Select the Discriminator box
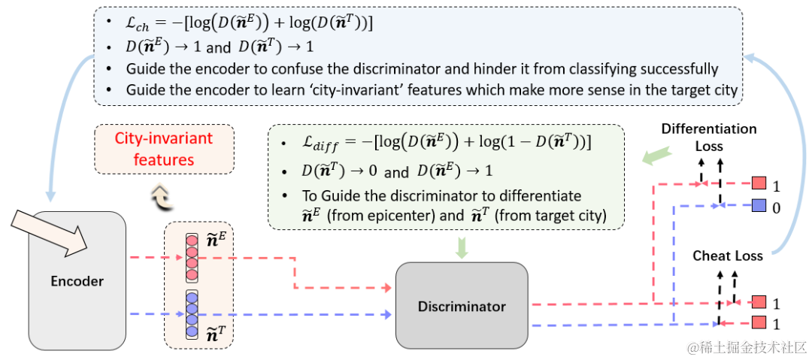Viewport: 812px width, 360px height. click(462, 306)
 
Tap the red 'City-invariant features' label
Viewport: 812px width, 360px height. click(164, 149)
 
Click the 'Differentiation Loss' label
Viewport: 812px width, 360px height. click(708, 137)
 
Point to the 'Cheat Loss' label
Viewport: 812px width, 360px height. click(727, 256)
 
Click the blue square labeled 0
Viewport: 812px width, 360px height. click(758, 204)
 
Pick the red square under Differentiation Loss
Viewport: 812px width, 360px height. click(758, 183)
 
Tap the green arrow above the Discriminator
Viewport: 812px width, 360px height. click(462, 247)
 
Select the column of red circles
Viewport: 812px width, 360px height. click(192, 257)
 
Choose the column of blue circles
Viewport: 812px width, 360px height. click(192, 312)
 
